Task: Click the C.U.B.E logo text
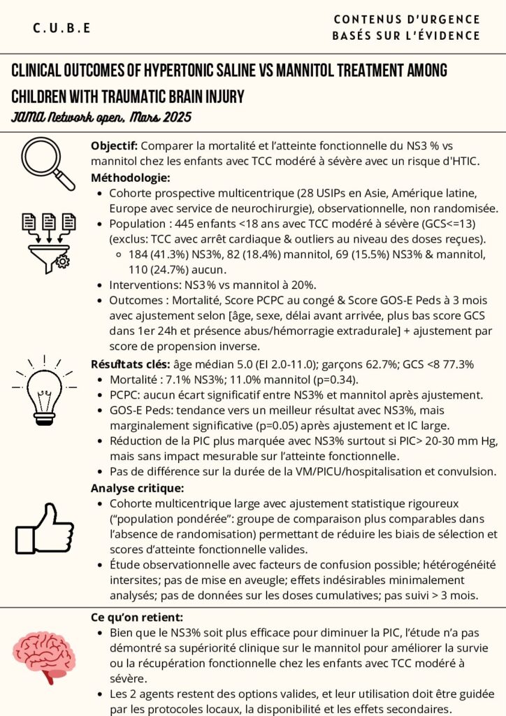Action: pos(62,28)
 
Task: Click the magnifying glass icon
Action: pos(47,162)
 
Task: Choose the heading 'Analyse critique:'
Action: pos(137,487)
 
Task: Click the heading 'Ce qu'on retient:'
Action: pos(137,617)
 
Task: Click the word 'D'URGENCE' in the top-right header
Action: pos(447,20)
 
